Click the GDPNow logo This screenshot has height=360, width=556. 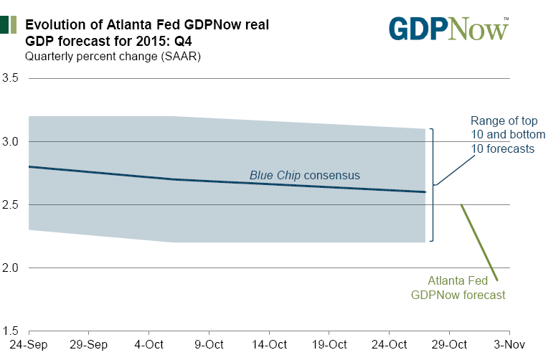point(448,28)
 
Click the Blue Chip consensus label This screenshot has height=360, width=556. point(304,175)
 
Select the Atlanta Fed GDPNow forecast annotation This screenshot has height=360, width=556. point(458,288)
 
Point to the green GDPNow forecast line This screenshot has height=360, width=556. point(479,242)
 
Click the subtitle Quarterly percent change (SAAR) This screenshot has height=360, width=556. point(113,56)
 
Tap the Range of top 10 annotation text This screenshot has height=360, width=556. point(508,135)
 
